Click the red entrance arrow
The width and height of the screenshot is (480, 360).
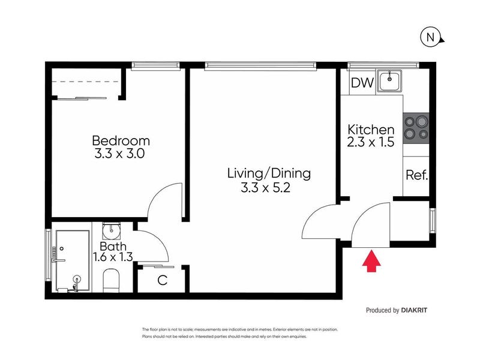371,261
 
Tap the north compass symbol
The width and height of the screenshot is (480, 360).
431,37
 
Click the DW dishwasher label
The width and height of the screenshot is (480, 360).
362,83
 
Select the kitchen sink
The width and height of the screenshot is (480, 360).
389,81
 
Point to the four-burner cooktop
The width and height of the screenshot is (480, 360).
416,128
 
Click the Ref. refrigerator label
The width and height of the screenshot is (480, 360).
416,175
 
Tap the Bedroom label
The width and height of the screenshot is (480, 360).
121,141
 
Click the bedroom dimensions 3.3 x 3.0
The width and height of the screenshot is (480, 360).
119,154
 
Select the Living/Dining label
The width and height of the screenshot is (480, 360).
269,173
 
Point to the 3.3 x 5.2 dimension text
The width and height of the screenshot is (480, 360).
265,187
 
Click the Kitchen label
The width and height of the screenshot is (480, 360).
371,130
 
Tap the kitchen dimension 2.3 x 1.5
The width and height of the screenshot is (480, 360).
370,142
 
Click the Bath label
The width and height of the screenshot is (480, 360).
113,247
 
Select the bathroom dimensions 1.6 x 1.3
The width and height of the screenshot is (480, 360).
113,257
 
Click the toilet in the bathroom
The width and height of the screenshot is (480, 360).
111,281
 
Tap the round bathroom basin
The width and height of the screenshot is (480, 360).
112,231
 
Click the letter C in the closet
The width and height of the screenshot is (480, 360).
162,280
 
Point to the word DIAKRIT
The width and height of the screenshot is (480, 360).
414,310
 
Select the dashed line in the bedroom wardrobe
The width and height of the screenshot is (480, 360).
85,82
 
